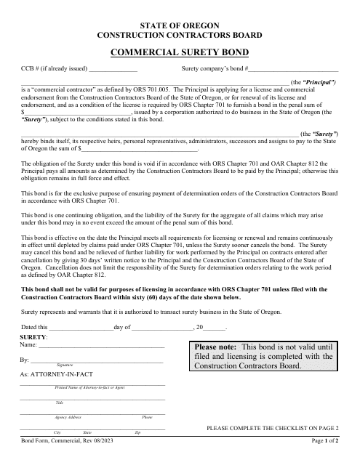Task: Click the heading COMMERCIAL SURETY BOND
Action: coord(179,52)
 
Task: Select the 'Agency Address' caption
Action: coord(68,417)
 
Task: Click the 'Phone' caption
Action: coord(147,417)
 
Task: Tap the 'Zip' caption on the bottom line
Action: coord(137,432)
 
